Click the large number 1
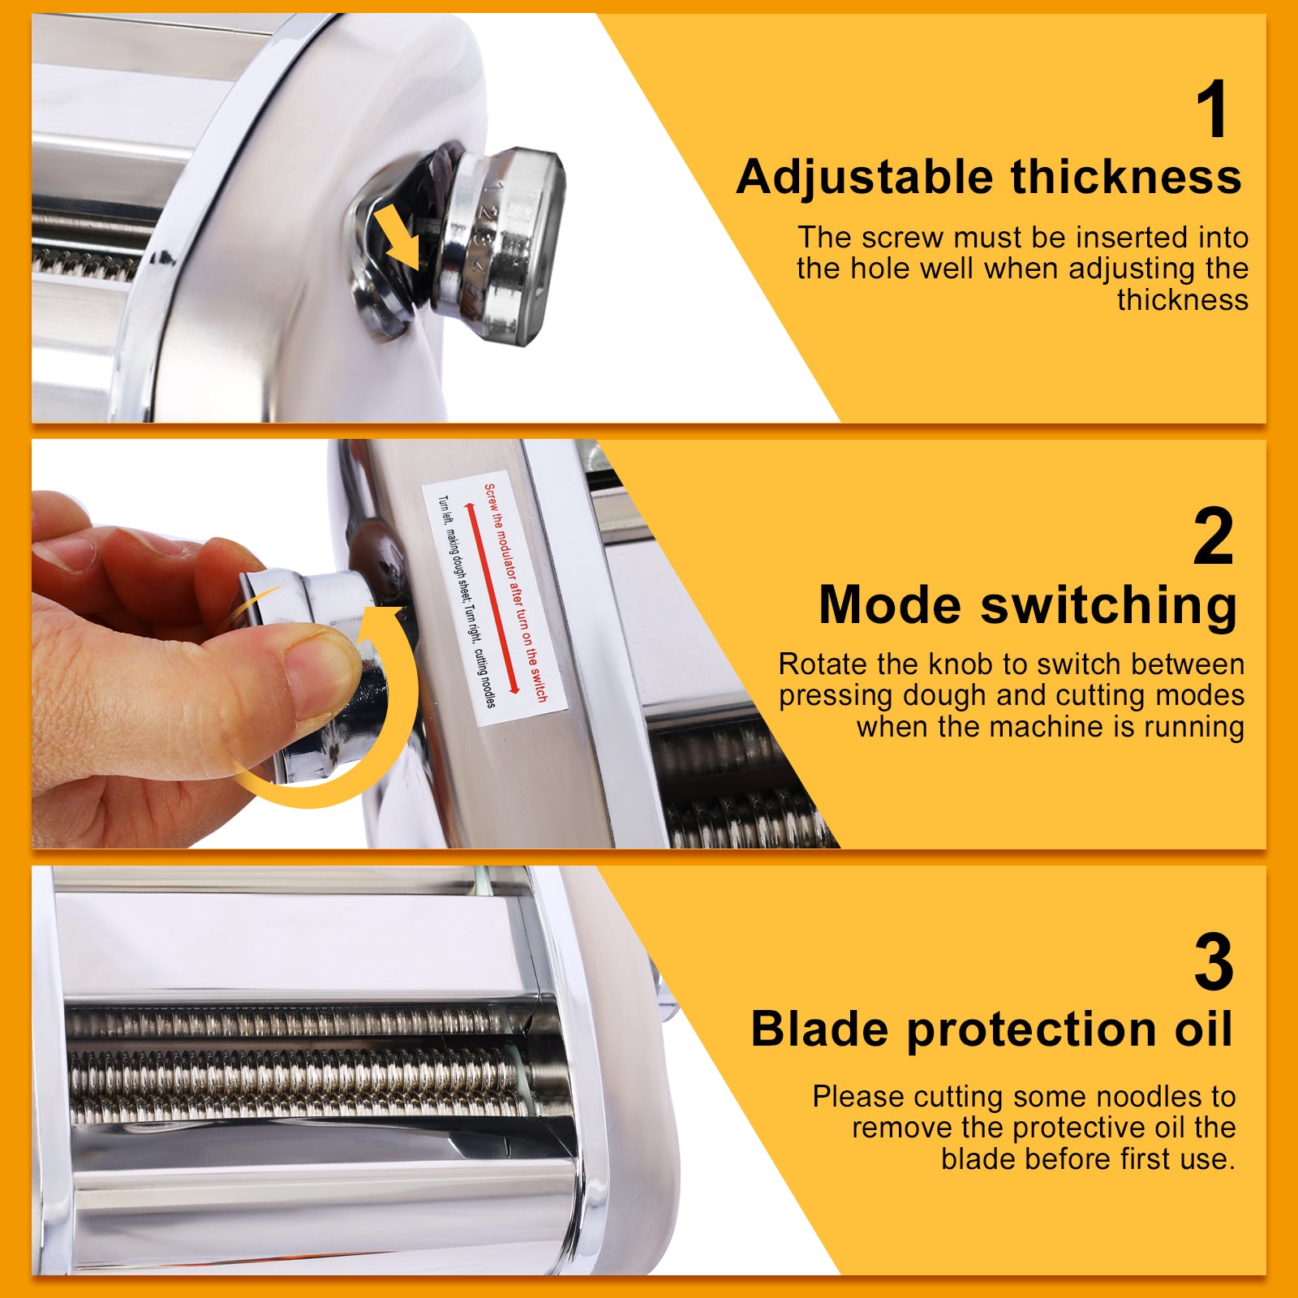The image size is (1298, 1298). (1213, 110)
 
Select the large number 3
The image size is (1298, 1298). (1213, 963)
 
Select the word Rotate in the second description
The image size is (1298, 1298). (823, 664)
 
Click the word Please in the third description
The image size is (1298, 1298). (858, 1097)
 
